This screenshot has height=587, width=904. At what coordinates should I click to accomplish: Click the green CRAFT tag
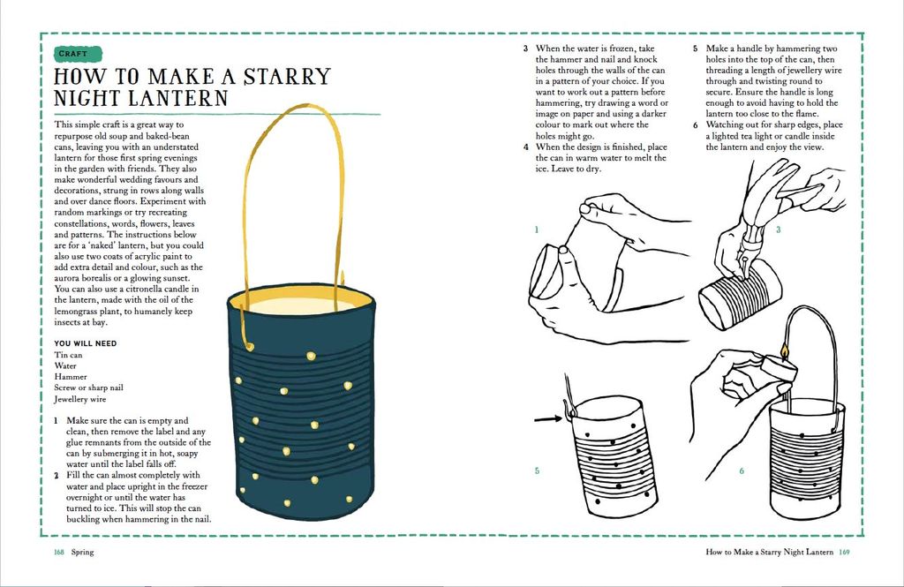point(78,54)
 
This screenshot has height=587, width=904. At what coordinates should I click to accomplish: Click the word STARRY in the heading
point(287,77)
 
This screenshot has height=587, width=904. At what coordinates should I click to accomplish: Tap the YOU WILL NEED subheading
point(86,343)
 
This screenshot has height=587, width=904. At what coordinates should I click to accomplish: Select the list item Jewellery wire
point(80,399)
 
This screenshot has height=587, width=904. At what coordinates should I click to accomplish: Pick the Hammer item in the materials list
point(71,377)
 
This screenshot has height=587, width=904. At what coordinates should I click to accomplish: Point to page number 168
point(59,552)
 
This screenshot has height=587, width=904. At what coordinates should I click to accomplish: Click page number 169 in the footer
point(844,552)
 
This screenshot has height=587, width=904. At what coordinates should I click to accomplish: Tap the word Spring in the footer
point(82,552)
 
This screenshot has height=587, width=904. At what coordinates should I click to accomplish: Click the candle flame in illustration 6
point(784,350)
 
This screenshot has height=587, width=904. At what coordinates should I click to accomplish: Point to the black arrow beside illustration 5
point(548,418)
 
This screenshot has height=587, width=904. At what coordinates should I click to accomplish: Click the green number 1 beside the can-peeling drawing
point(536,230)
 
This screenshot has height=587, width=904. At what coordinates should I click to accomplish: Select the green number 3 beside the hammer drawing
point(779,230)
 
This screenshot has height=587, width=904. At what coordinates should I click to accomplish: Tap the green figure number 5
point(537,470)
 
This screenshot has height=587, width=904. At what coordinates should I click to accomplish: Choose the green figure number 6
point(742,470)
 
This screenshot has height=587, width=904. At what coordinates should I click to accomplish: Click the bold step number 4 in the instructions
point(526,147)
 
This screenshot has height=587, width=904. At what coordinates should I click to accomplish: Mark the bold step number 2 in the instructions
point(56,476)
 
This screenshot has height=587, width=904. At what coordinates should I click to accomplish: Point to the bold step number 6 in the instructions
point(696,125)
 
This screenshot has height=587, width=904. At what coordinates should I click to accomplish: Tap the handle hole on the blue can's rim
point(249,347)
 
